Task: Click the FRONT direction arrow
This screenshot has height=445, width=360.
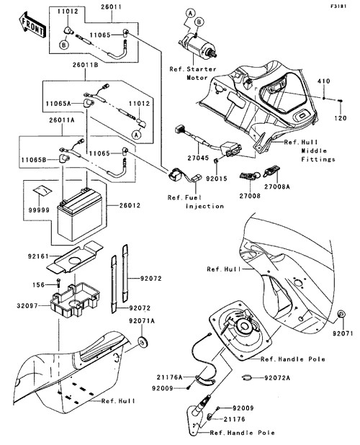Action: [x=32, y=25]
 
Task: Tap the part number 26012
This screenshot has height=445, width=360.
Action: [x=130, y=205]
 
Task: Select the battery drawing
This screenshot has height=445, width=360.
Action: [x=80, y=214]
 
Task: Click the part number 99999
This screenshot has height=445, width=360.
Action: [x=39, y=210]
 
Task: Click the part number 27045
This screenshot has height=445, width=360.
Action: [x=198, y=158]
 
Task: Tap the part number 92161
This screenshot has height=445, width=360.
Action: [x=38, y=256]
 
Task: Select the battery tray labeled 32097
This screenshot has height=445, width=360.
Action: [x=75, y=300]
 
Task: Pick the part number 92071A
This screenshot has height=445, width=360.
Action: [x=142, y=320]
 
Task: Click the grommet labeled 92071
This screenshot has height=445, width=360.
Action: [x=341, y=314]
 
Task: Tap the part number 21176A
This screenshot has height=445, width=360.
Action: [x=170, y=377]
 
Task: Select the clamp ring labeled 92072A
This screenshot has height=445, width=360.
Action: [x=248, y=378]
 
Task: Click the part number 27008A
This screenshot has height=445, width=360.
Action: [x=277, y=186]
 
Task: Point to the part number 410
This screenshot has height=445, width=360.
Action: [x=324, y=81]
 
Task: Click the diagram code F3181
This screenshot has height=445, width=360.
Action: [x=338, y=6]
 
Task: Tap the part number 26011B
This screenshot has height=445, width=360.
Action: [x=85, y=65]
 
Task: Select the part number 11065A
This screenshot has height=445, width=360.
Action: [x=58, y=104]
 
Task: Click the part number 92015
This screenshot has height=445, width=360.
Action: [x=217, y=179]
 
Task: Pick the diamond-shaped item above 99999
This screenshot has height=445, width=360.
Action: [x=42, y=190]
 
